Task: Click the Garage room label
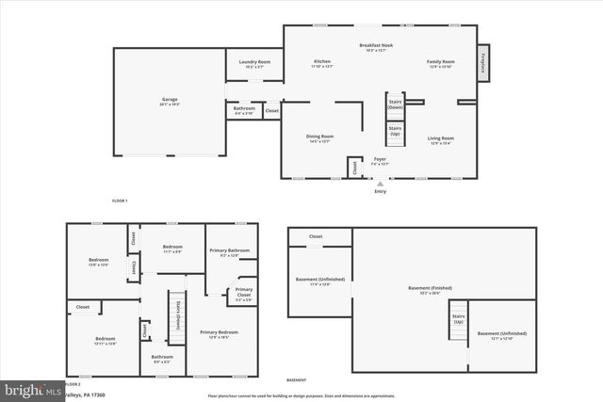click(170, 99)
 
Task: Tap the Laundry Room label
click(248, 62)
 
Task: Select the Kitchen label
click(322, 62)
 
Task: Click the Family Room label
click(441, 62)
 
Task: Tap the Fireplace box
click(482, 63)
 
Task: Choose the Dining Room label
click(319, 137)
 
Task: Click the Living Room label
click(442, 138)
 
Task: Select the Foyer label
click(380, 159)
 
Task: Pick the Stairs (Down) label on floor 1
click(396, 105)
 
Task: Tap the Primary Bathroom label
click(230, 249)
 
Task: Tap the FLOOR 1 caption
click(120, 201)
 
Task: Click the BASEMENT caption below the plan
click(297, 379)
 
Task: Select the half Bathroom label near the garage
click(244, 109)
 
